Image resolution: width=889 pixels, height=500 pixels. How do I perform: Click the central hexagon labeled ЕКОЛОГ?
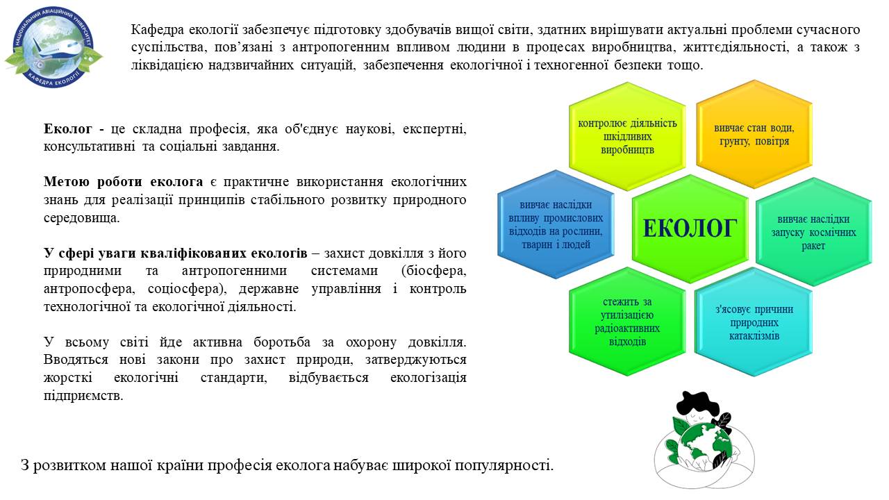[x=690, y=228]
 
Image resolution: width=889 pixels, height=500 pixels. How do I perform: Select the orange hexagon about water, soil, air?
[x=754, y=134]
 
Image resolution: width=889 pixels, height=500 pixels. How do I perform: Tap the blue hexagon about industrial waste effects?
[x=556, y=224]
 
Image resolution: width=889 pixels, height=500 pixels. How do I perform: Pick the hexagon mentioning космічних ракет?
[x=813, y=232]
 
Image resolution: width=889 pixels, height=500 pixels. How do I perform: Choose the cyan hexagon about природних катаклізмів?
[x=754, y=322]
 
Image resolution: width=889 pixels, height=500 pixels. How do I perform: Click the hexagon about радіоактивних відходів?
[x=627, y=322]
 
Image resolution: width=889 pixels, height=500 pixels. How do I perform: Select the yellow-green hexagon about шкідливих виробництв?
[x=627, y=136]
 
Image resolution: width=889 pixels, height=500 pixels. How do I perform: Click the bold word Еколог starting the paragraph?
[x=68, y=129]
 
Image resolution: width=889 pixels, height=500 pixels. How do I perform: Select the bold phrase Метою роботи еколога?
[x=123, y=182]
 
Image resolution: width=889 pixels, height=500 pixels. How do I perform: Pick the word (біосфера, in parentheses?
[x=434, y=271]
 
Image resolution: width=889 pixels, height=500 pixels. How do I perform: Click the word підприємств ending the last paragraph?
[x=83, y=396]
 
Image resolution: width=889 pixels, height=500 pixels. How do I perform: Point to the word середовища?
[x=81, y=218]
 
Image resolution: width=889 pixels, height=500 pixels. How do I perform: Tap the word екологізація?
[x=429, y=377]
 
